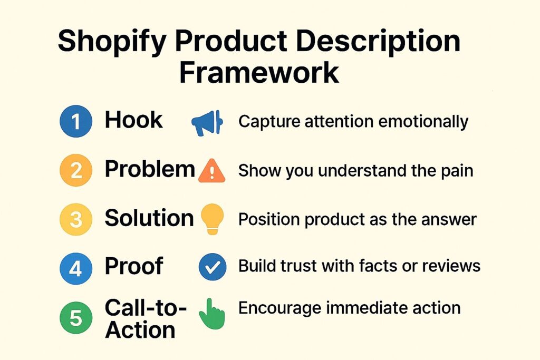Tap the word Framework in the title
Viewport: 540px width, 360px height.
(x=258, y=73)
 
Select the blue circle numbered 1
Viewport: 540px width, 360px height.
(x=76, y=122)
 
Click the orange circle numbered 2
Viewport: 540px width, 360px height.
(x=76, y=171)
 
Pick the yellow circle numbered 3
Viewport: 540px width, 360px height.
(x=76, y=219)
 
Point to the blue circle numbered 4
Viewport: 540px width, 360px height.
(x=76, y=268)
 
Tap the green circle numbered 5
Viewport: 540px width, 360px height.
(x=76, y=318)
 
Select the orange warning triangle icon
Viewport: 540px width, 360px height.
(x=211, y=171)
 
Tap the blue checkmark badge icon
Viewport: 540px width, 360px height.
(x=213, y=268)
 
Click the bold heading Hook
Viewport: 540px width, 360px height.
(x=134, y=121)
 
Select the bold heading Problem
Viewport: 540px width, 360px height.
(x=150, y=170)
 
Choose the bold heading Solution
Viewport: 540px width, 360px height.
(x=149, y=218)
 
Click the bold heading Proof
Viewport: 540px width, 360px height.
(x=134, y=267)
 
